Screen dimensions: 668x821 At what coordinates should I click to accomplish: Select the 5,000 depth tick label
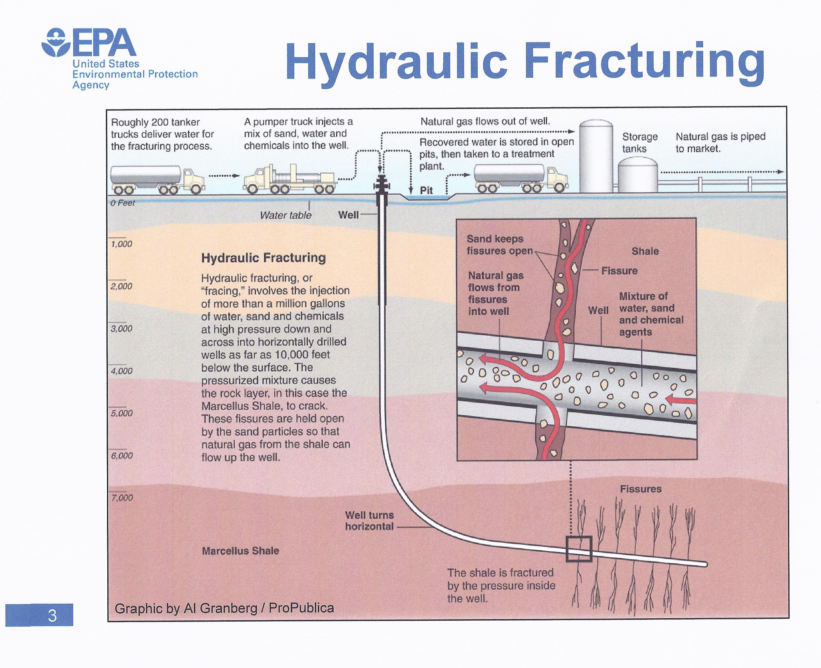[x=122, y=413]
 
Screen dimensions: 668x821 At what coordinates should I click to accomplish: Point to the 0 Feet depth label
[x=122, y=203]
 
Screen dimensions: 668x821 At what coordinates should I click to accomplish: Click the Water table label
[x=285, y=215]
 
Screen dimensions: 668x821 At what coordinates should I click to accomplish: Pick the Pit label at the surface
[x=426, y=190]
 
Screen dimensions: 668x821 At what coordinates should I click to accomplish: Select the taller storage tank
[x=596, y=156]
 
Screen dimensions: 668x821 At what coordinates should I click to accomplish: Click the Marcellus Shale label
[x=240, y=551]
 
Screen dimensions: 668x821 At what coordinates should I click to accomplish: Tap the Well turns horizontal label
[x=369, y=521]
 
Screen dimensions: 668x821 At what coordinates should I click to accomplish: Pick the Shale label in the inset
[x=645, y=251]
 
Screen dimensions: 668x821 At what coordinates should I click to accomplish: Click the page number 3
[x=52, y=616]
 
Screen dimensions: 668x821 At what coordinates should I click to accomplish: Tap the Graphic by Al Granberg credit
[x=224, y=608]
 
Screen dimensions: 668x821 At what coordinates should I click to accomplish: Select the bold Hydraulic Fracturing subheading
[x=263, y=257]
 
